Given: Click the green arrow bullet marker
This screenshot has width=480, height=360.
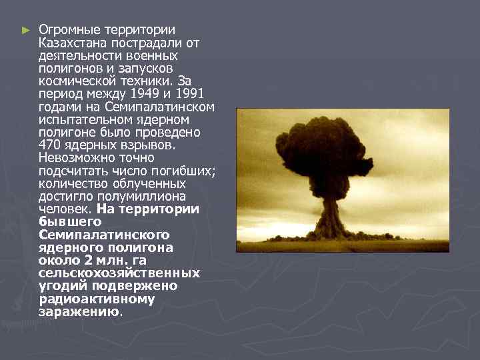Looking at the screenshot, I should click(x=25, y=31).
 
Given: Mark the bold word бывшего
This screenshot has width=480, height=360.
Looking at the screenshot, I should click(x=70, y=222).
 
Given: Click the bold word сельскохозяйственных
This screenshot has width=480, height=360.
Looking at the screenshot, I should click(x=119, y=273).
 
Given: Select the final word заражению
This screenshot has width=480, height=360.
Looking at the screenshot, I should click(x=79, y=311).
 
